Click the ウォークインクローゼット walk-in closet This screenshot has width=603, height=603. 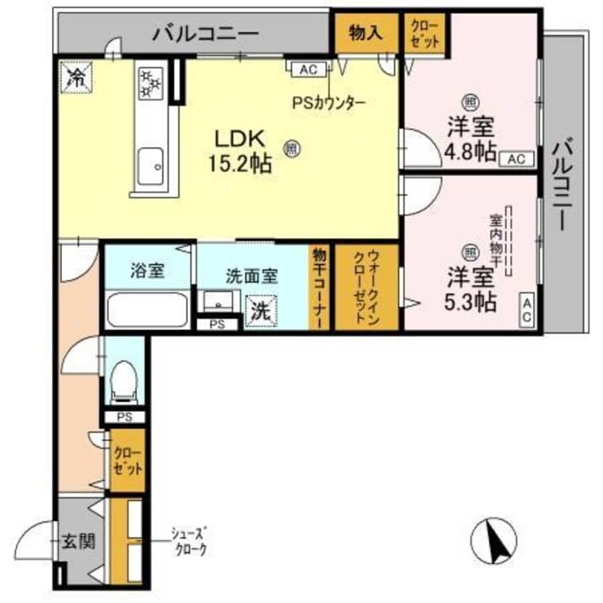(366, 287)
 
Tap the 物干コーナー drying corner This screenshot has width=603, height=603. (319, 287)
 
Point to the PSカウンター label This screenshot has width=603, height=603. (328, 103)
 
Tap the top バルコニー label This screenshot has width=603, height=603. (205, 33)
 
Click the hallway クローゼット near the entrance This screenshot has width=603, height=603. (127, 460)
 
